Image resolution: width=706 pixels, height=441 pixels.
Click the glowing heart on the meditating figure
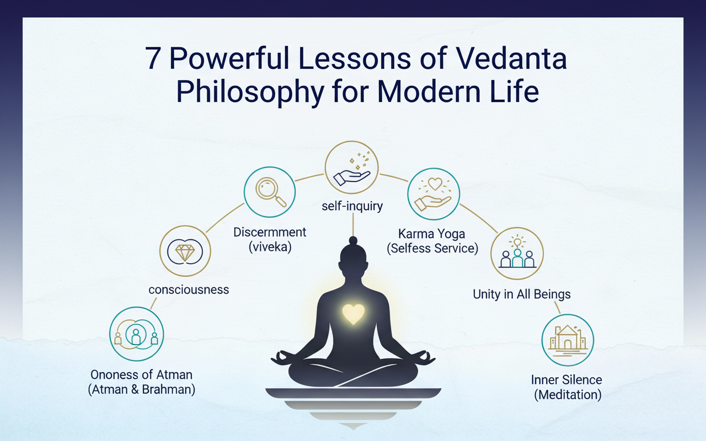tap(352, 314)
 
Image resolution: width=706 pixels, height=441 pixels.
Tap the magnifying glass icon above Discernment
tap(270, 192)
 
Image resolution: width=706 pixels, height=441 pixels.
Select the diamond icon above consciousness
tap(185, 253)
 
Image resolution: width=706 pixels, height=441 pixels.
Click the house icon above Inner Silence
tap(567, 340)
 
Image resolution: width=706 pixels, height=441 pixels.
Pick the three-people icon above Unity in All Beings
tap(517, 254)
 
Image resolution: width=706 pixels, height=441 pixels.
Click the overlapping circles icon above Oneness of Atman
tap(136, 334)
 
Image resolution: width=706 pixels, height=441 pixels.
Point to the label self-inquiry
tap(352, 207)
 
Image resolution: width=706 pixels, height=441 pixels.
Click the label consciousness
tap(189, 289)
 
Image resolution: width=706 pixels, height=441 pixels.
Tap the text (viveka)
tap(270, 246)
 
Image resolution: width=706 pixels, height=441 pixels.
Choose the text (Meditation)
tap(568, 394)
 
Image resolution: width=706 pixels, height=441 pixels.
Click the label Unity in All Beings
tap(522, 294)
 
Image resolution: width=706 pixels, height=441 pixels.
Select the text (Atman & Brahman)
tap(141, 389)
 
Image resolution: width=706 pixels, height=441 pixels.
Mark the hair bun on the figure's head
tap(352, 240)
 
